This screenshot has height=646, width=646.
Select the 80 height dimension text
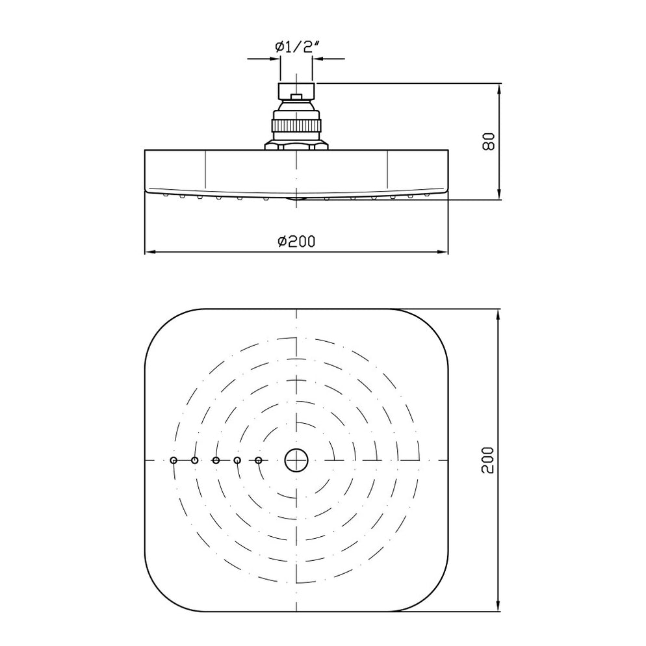pos(489,141)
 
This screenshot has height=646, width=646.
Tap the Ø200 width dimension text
pos(296,241)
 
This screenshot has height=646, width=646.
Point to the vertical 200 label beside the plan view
pos(489,459)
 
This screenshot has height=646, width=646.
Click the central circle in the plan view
pos(296,460)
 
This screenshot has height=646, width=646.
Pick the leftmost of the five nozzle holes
pos(173,460)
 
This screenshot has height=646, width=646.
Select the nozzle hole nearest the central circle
pos(259,460)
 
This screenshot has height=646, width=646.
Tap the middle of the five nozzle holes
pos(216,460)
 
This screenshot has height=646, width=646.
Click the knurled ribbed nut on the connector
pos(296,123)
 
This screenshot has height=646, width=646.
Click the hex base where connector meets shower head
pos(296,145)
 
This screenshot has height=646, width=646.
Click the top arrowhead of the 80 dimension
pos(498,88)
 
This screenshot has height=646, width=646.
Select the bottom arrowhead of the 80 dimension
pos(498,194)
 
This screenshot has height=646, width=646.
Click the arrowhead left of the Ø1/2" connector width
pos(275,59)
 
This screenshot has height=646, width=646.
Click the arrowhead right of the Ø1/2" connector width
pos(318,59)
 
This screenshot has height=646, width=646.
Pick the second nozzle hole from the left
pos(194,460)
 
